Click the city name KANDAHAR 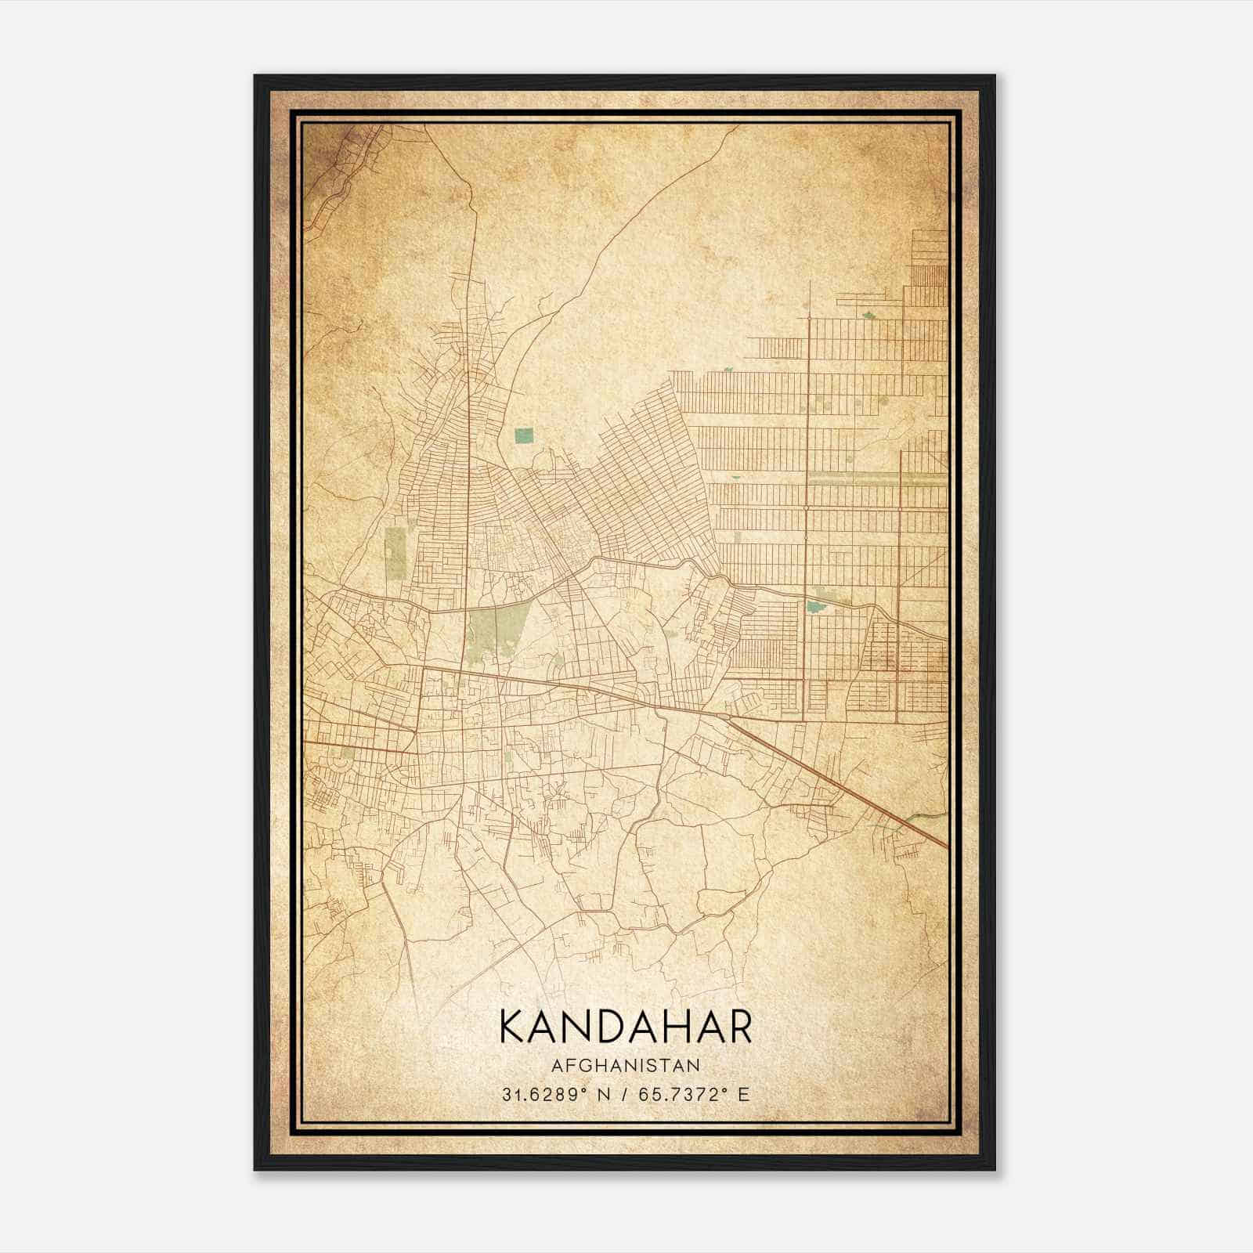[625, 1027]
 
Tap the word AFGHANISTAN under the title [625, 1065]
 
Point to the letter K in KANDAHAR [511, 1027]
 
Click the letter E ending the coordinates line [744, 1094]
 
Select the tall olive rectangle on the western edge [396, 553]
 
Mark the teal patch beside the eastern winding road [816, 605]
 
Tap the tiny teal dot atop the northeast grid [868, 316]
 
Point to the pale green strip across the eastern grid [877, 475]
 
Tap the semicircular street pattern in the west [345, 760]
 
